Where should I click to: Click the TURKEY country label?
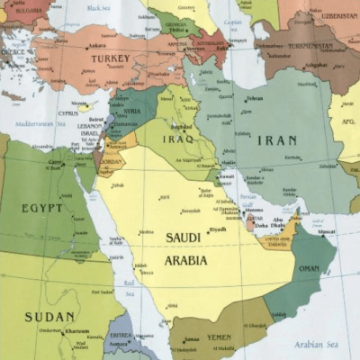pyautogui.click(x=110, y=58)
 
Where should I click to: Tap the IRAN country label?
pyautogui.click(x=277, y=140)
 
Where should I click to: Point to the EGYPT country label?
pyautogui.click(x=42, y=208)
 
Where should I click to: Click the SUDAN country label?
pyautogui.click(x=49, y=316)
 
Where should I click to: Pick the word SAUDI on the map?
pyautogui.click(x=185, y=238)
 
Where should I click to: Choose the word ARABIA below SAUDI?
pyautogui.click(x=185, y=260)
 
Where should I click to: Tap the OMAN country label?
pyautogui.click(x=308, y=267)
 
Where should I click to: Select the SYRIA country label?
pyautogui.click(x=131, y=111)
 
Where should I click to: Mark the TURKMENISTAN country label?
pyautogui.click(x=310, y=46)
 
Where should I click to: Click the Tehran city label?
pyautogui.click(x=255, y=98)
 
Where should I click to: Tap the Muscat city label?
pyautogui.click(x=327, y=231)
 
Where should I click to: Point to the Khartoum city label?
pyautogui.click(x=76, y=331)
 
